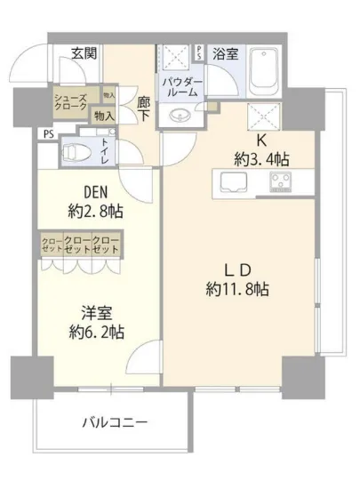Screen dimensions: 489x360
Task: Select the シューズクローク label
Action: click(71, 102)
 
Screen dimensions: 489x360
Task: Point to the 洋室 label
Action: click(85, 314)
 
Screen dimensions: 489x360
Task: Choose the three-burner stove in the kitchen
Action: click(285, 183)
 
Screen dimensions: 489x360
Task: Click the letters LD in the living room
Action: click(232, 268)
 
